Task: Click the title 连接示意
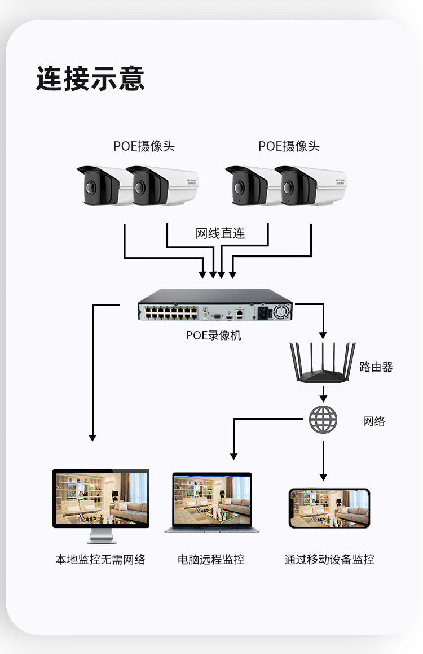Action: point(90,79)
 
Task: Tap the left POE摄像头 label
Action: point(144,146)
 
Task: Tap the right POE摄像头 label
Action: point(289,146)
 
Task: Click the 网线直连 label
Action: point(221,233)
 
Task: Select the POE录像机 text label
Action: point(213,335)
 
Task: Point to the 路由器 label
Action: point(376,367)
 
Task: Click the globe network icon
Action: point(323,419)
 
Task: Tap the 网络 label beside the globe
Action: point(374,421)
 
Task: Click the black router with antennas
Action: point(323,363)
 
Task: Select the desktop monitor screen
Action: point(101,498)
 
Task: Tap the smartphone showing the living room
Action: point(329,508)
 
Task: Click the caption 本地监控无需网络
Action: point(100,559)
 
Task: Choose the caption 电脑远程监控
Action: point(211,559)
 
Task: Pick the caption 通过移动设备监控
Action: point(329,559)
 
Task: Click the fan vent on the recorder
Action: point(282,312)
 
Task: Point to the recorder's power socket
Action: point(262,312)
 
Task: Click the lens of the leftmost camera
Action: point(90,188)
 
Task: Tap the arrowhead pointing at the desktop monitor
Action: point(92,438)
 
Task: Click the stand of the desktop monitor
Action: point(101,535)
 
